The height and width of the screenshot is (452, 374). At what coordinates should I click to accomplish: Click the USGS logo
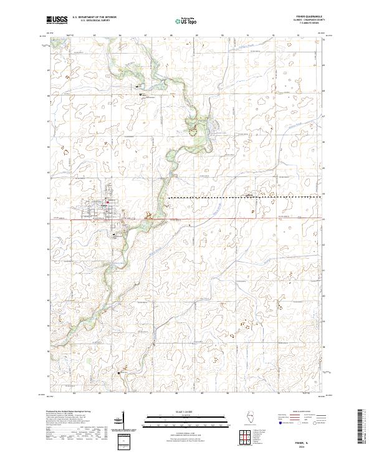57,20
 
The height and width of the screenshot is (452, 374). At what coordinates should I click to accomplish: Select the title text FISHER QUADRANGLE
305,17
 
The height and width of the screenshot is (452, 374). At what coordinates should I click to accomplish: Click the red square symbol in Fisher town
107,201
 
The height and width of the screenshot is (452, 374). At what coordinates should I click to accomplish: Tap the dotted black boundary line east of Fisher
249,197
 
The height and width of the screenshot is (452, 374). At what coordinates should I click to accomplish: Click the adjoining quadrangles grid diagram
244,434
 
